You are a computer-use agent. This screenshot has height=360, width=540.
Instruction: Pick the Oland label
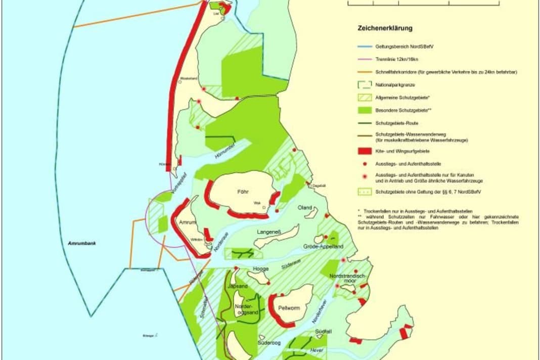(x=305, y=208)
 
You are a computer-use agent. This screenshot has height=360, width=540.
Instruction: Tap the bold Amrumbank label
(x=82, y=243)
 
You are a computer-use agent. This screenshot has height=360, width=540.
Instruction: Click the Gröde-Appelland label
(x=323, y=246)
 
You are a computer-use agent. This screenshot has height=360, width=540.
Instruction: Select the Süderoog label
(x=268, y=342)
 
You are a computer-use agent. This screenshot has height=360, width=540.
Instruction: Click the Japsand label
(x=238, y=286)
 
